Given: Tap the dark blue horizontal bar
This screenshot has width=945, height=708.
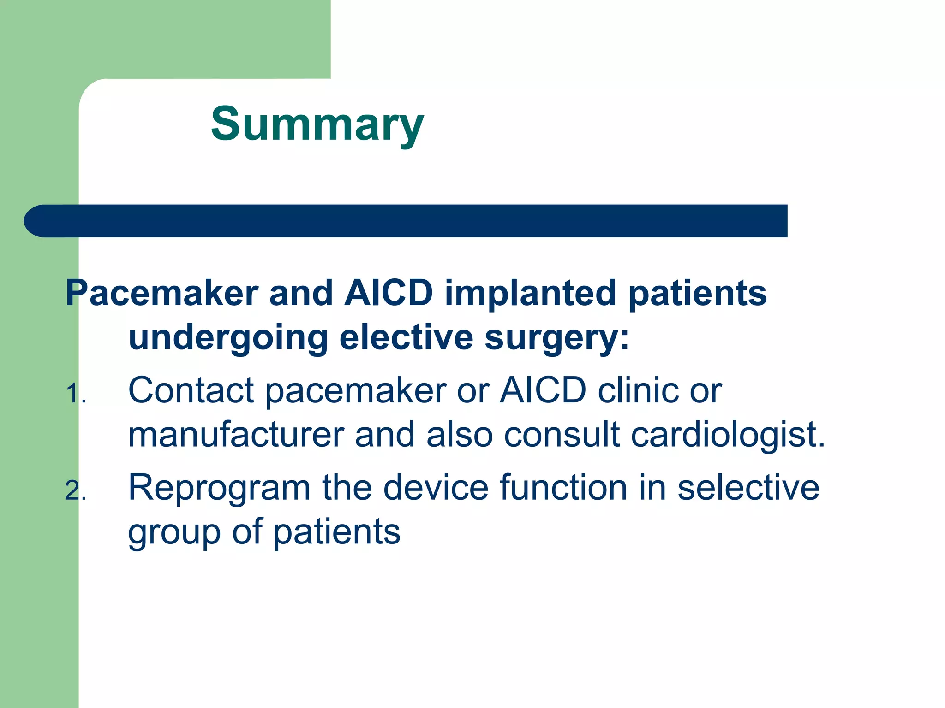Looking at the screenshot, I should pos(406,221).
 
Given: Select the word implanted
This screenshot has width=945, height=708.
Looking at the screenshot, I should pos(530,293).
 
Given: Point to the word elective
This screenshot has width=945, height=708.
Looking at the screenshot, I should pos(406,337).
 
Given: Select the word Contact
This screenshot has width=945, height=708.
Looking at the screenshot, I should pos(191,390).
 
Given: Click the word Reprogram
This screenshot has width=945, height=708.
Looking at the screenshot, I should pos(219,488).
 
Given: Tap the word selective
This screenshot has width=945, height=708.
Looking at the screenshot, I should pos(748,487).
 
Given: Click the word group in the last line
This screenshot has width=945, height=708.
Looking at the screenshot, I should pos(174,532).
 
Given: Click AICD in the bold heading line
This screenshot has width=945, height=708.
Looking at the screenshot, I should pos(389,293).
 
